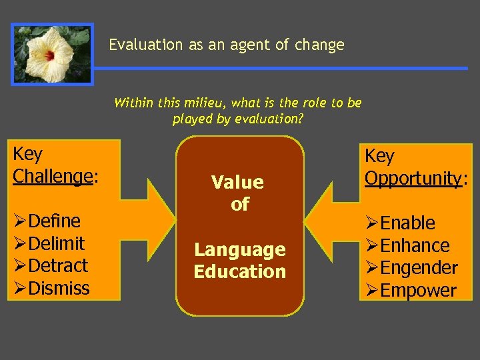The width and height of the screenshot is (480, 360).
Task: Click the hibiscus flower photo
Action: click(51, 54)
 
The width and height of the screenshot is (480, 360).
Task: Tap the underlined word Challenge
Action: click(52, 176)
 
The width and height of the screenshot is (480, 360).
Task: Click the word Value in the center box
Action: click(237, 182)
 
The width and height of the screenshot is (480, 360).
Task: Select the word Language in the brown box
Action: click(239, 250)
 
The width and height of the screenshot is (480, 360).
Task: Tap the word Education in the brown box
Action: click(239, 272)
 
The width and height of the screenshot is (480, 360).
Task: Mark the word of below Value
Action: click(239, 204)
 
